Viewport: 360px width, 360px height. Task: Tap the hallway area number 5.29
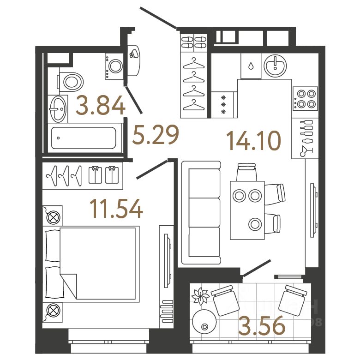[155, 135]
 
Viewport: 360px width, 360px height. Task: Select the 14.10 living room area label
[254, 140]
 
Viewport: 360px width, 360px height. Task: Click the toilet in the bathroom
[72, 82]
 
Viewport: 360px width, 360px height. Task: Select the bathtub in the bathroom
[83, 138]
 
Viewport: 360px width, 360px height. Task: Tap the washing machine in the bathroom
[114, 66]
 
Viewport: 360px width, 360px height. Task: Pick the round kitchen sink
[276, 66]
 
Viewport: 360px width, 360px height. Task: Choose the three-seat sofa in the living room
[201, 212]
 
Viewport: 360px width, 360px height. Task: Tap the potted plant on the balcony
[201, 295]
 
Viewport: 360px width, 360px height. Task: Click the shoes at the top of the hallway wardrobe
[193, 43]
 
